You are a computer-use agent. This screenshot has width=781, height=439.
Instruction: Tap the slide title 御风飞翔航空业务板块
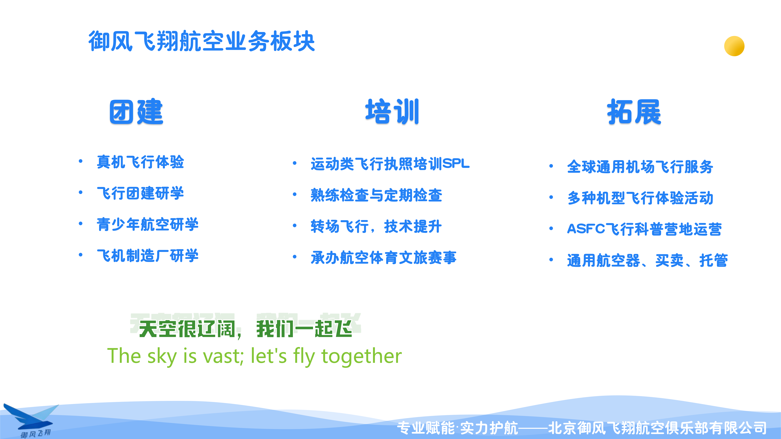click(x=202, y=41)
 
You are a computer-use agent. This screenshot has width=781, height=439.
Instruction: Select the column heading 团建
click(x=136, y=112)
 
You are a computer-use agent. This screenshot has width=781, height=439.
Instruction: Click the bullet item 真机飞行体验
click(x=140, y=162)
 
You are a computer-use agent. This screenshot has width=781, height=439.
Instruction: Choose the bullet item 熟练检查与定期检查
click(x=376, y=195)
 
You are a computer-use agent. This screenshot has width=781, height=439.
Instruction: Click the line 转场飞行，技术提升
click(x=376, y=226)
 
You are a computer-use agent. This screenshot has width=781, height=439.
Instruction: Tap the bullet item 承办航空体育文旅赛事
click(x=384, y=258)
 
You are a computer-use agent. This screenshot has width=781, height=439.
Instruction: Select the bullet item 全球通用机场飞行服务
click(x=640, y=167)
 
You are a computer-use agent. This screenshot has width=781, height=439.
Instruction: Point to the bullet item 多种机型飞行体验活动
click(x=640, y=198)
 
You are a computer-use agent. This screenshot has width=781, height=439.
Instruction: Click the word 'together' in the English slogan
click(x=361, y=356)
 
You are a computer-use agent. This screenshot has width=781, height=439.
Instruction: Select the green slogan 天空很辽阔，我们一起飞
click(x=246, y=329)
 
